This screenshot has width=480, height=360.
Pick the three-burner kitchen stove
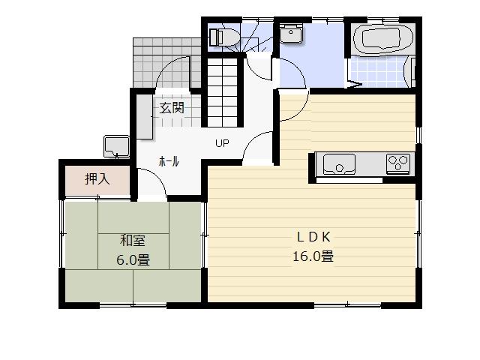point(398,162)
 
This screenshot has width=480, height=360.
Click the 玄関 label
point(171,107)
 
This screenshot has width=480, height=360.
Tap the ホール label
point(169,161)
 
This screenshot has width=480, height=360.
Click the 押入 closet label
point(97,179)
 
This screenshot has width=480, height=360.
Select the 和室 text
point(133,241)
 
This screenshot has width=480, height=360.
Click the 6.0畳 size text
point(133,261)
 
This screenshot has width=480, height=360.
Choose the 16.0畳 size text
point(313,256)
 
